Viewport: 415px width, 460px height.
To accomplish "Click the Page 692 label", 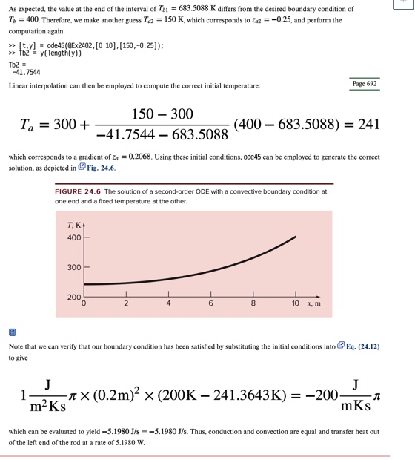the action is pyautogui.click(x=364, y=84).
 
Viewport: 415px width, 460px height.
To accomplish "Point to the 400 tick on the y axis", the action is pyautogui.click(x=74, y=238).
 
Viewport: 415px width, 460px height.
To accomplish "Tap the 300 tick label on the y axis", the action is pyautogui.click(x=74, y=267).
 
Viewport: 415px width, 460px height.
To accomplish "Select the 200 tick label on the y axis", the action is pyautogui.click(x=74, y=297).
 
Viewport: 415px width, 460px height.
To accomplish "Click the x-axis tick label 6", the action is pyautogui.click(x=210, y=303).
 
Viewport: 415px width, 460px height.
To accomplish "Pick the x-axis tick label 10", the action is pyautogui.click(x=295, y=303).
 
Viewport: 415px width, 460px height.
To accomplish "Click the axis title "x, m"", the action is pyautogui.click(x=314, y=303).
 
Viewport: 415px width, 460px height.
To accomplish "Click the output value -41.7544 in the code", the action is pyautogui.click(x=26, y=73).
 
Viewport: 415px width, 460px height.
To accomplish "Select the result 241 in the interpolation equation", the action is pyautogui.click(x=368, y=125).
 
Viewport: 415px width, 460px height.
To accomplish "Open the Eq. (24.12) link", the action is pyautogui.click(x=362, y=346).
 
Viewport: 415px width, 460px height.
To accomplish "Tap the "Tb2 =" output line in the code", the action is pyautogui.click(x=19, y=64).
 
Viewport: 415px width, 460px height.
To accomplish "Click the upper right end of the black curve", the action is pyautogui.click(x=295, y=237).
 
